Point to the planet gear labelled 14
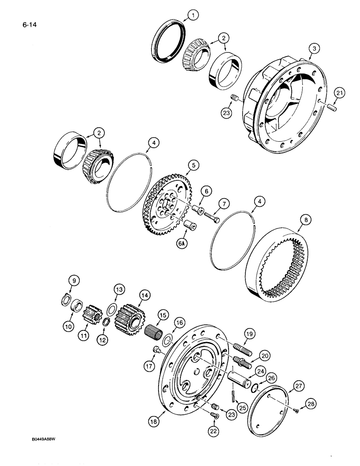click(129, 317)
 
